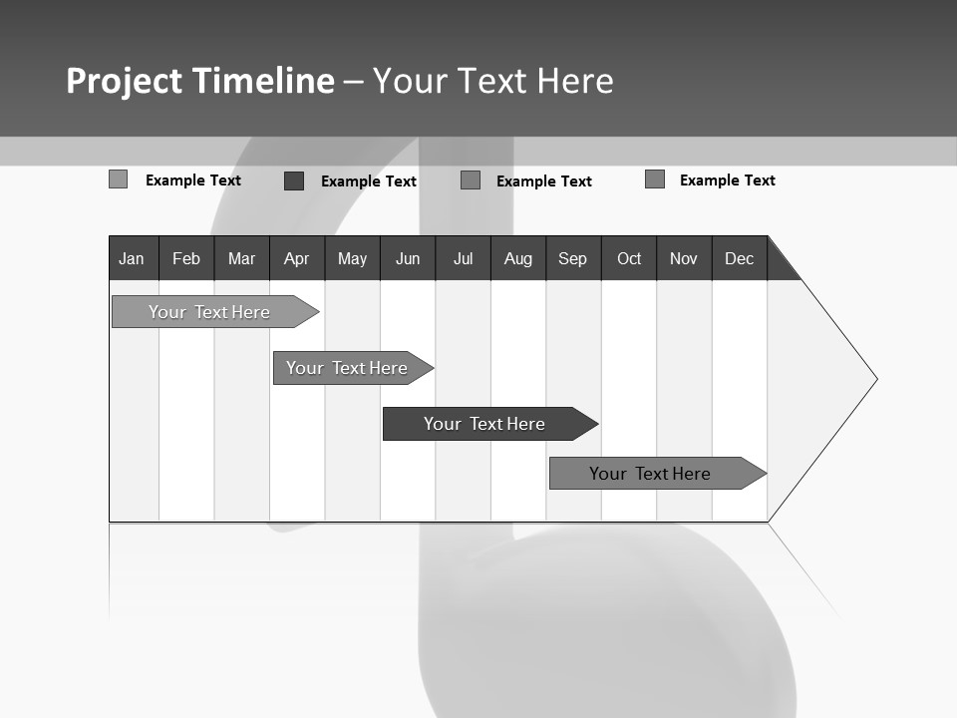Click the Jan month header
[x=133, y=258]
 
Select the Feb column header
[x=186, y=258]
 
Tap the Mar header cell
[x=241, y=258]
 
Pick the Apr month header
[x=297, y=258]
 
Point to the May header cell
[x=352, y=258]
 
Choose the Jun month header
[x=408, y=258]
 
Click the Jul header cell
[x=463, y=258]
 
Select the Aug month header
[x=518, y=258]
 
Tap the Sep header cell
[x=573, y=258]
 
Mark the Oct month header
[x=629, y=258]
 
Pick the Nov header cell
[x=684, y=258]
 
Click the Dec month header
[x=740, y=258]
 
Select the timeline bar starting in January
[x=209, y=312]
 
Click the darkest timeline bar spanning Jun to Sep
[x=484, y=424]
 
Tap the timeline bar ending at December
[x=650, y=474]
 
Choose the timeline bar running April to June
[x=347, y=368]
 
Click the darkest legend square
[x=294, y=180]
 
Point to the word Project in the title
[x=125, y=81]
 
